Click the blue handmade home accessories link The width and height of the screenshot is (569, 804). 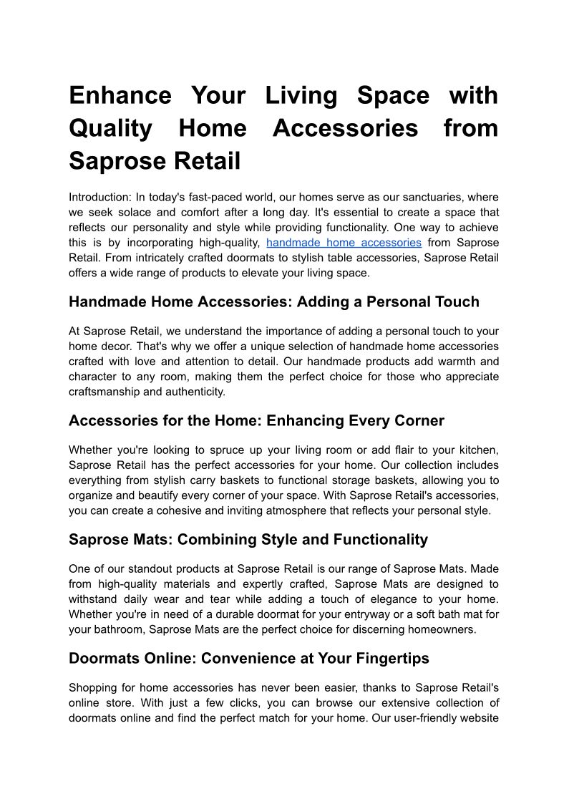[x=344, y=243]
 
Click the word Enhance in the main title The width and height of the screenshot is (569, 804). [x=120, y=95]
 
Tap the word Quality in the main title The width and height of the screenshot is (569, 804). [x=110, y=128]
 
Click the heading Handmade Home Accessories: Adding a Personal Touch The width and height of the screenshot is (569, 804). [x=273, y=302]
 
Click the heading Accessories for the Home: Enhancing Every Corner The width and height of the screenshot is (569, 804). [x=256, y=421]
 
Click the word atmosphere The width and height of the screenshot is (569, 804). [x=291, y=510]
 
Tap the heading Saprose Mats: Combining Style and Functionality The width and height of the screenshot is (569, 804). [x=248, y=540]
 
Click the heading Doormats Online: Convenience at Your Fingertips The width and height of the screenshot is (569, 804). [x=248, y=659]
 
